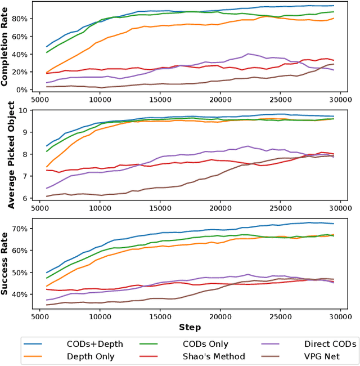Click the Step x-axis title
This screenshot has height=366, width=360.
190,327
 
